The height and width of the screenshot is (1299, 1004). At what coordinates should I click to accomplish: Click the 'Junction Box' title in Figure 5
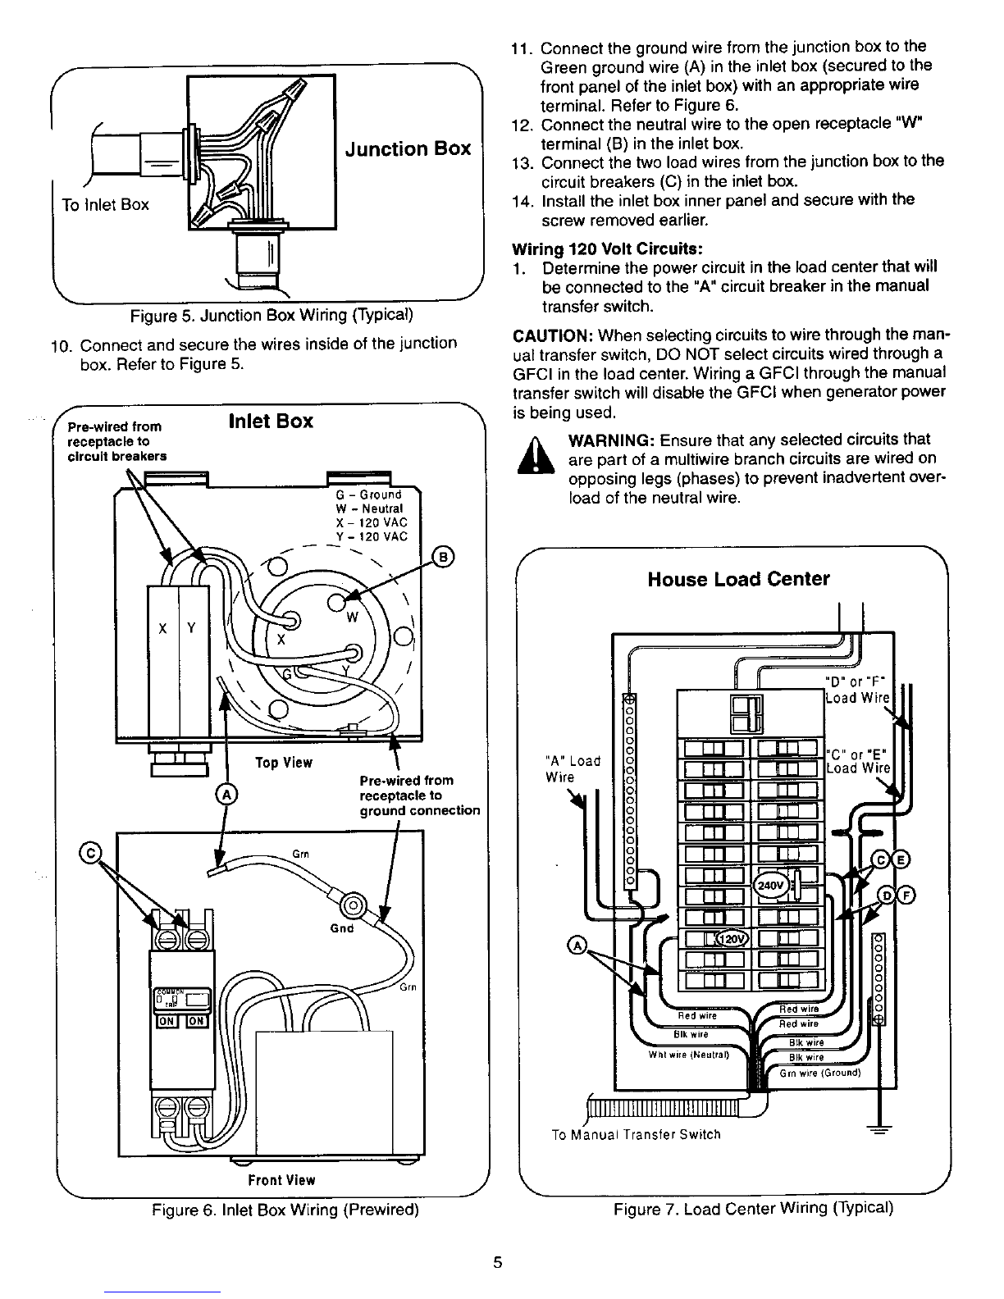[408, 149]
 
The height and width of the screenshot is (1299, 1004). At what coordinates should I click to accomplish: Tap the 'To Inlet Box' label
[105, 205]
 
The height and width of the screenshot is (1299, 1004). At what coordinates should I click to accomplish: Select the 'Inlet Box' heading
[271, 422]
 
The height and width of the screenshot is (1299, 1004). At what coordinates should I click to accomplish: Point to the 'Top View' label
[283, 763]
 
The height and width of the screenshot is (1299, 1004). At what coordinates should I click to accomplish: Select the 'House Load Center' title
[738, 580]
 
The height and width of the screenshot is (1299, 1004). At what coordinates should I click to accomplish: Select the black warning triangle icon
[531, 457]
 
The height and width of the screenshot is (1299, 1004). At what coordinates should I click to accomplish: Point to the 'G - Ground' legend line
[369, 495]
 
